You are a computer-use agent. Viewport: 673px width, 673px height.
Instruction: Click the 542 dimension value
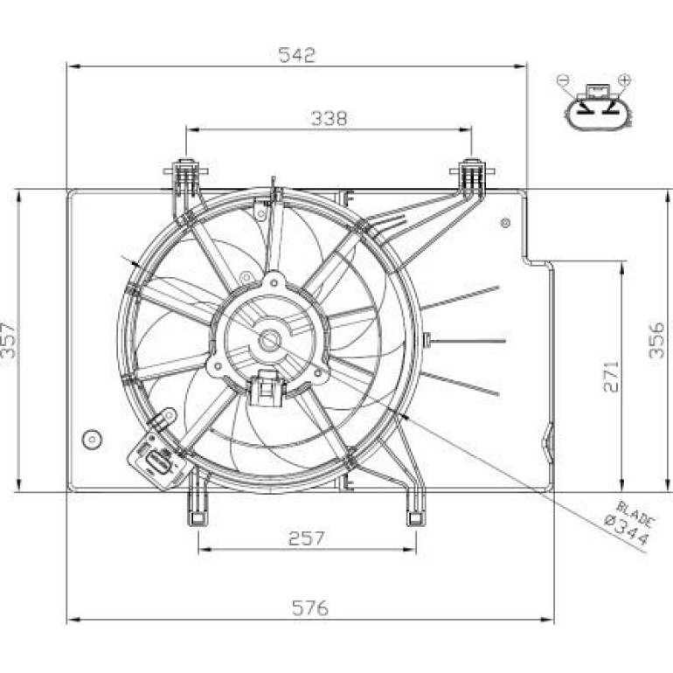point(297,55)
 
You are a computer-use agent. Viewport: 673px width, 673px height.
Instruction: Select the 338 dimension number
point(330,119)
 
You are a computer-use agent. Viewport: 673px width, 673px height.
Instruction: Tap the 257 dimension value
point(307,538)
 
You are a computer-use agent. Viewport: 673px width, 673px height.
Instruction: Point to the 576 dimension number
point(310,607)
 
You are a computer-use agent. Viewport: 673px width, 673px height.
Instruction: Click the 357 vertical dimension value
point(9,340)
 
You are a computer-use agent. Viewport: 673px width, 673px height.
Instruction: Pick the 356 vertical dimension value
point(656,340)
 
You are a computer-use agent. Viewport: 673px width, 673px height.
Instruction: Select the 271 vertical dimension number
point(611,377)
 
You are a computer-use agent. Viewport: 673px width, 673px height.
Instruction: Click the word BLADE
point(635,514)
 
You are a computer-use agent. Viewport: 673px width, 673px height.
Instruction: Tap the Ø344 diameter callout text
point(627,531)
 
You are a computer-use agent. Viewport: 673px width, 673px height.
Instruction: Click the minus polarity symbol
point(563,80)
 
